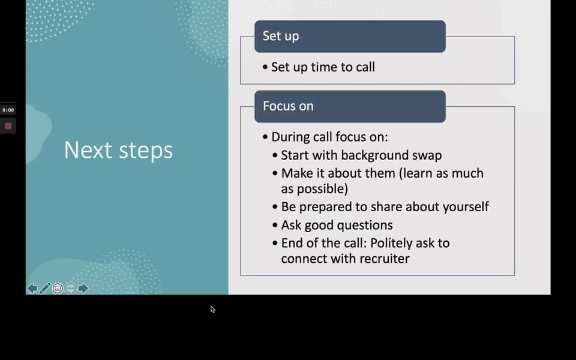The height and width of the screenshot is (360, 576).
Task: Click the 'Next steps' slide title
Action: coord(118,150)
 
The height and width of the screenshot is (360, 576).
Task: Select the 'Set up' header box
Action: coord(350,37)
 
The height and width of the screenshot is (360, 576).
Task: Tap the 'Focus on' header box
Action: coord(350,107)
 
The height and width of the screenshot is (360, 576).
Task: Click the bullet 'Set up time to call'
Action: coord(323,67)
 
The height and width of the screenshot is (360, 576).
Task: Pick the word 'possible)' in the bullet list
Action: coord(314,189)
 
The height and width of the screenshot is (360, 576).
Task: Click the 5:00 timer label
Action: coord(8,110)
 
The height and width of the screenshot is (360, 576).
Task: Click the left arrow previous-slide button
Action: coord(32,289)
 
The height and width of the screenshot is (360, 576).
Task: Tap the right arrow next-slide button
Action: coord(83,289)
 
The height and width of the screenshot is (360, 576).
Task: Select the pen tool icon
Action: coord(45,289)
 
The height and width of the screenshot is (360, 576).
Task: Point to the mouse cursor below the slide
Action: coord(212,310)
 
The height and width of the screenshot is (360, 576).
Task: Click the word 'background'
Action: coord(374,155)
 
